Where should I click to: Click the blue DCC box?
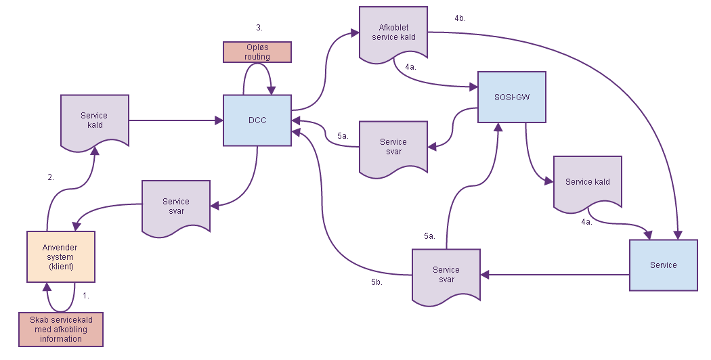pos(257,120)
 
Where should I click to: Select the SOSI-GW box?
pos(511,97)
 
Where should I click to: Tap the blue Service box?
pos(663,265)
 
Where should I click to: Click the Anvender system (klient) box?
pos(61,256)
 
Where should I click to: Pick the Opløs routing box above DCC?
pos(257,52)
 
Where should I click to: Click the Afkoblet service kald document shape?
pos(393,32)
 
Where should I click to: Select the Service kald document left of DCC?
pos(94,120)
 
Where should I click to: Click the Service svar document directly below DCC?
pos(176,206)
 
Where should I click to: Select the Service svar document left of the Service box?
pos(446,274)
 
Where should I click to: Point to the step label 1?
pos(85,296)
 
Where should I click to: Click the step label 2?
pos(50,177)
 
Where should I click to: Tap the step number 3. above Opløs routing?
pos(259,28)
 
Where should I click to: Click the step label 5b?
pos(376,282)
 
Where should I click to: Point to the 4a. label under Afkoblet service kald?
pos(410,67)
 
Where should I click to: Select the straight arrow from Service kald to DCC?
pos(176,121)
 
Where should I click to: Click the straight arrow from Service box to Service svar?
pos(555,275)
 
